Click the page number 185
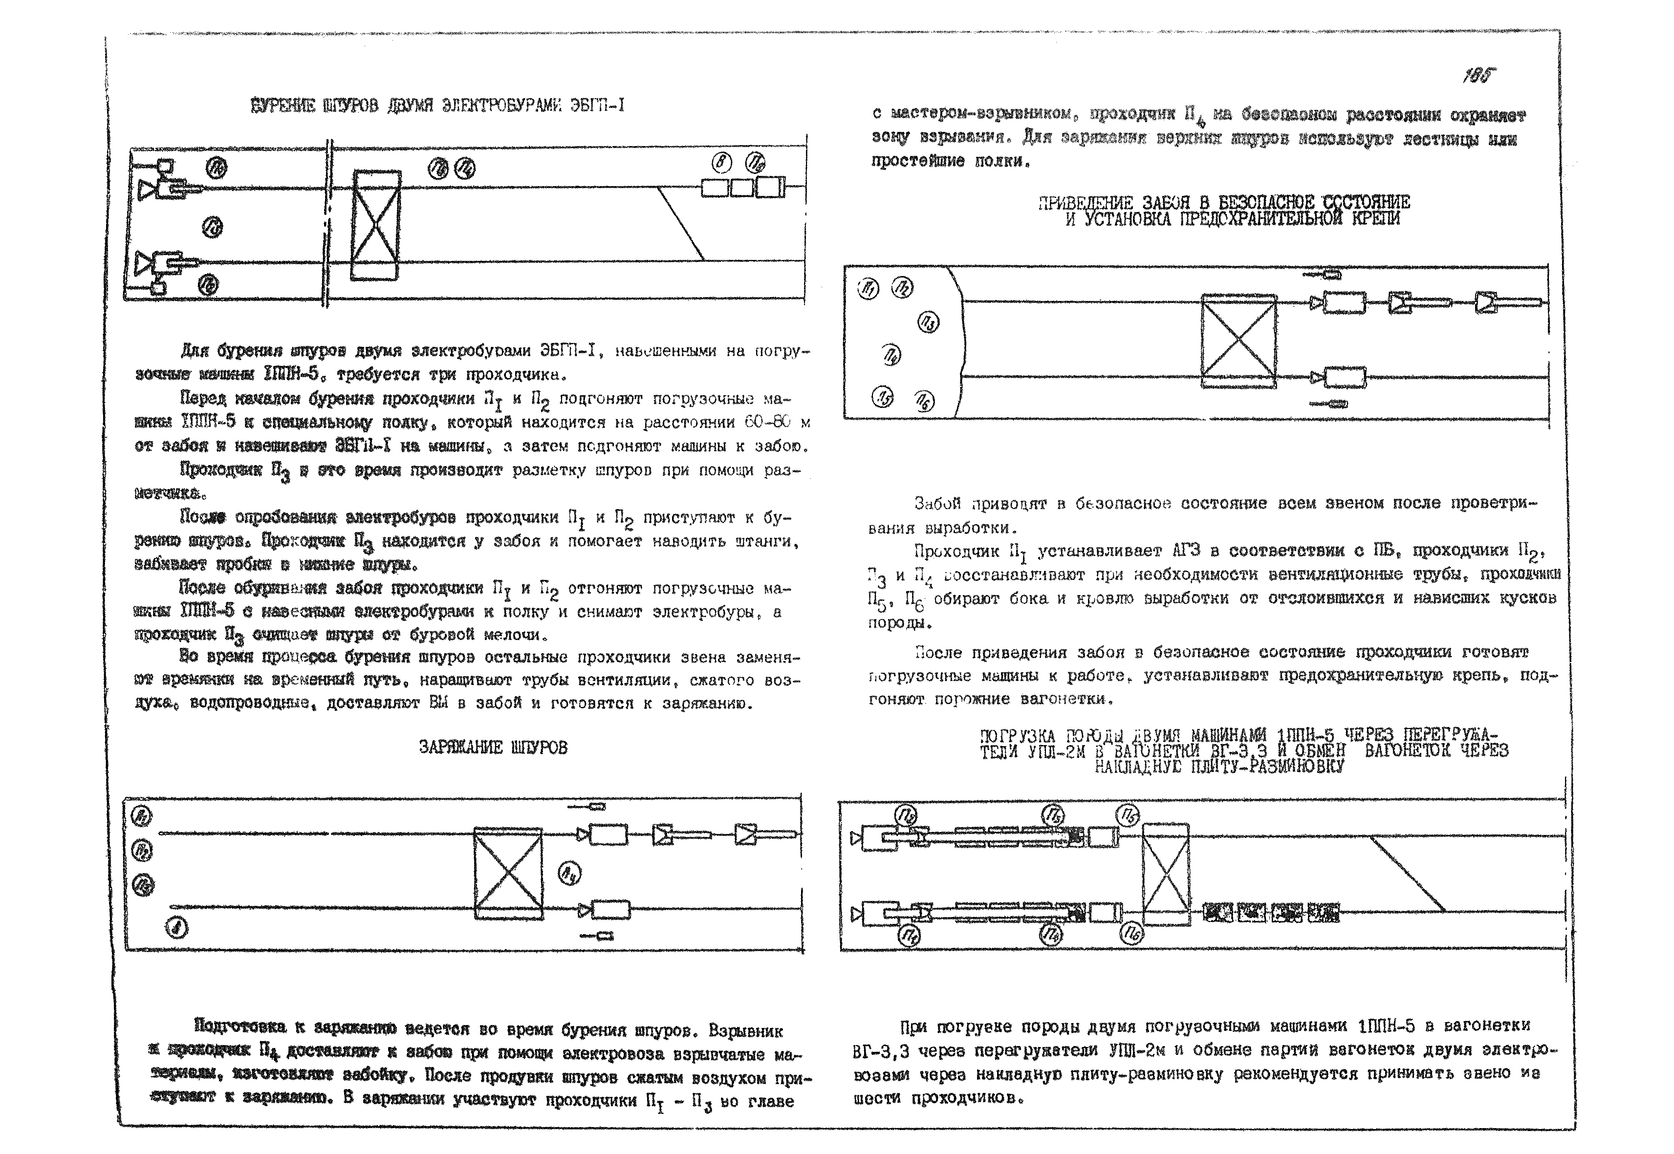[1478, 75]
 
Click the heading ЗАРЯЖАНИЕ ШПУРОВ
[493, 747]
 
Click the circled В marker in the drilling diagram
[721, 163]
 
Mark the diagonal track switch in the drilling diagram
[680, 223]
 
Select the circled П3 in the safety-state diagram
[928, 322]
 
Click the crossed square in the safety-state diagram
[1239, 341]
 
